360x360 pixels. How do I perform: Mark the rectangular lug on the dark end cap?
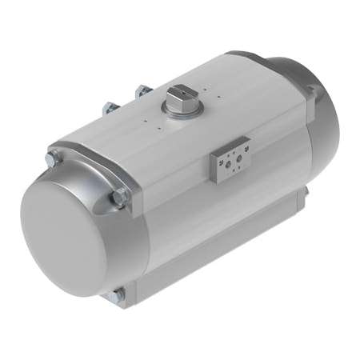click(x=314, y=94)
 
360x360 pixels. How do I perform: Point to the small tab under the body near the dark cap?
click(x=305, y=194)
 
